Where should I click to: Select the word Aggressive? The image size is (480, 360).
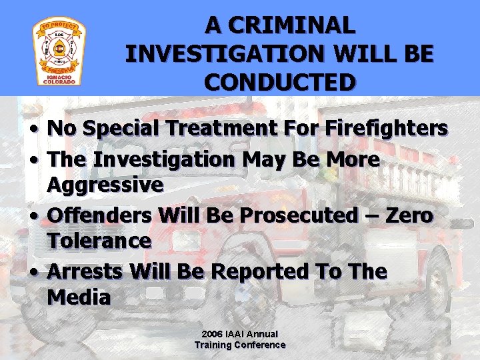[105, 184]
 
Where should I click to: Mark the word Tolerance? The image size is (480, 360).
[99, 240]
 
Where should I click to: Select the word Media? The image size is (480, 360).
[79, 297]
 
